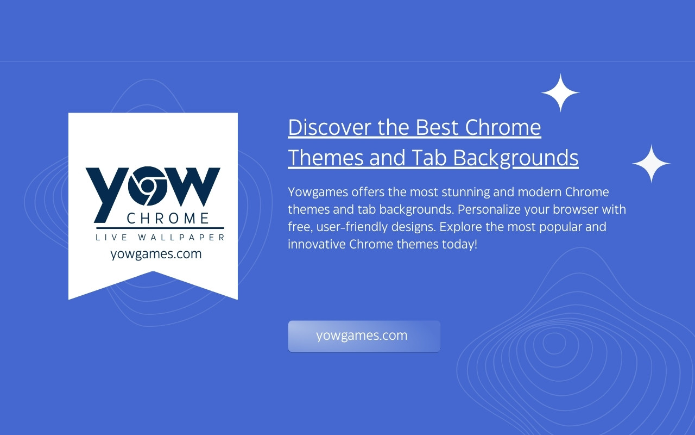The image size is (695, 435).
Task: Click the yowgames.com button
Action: pyautogui.click(x=364, y=336)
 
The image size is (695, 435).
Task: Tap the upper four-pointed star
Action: pyautogui.click(x=560, y=92)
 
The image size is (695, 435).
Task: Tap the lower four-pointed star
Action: pyautogui.click(x=651, y=164)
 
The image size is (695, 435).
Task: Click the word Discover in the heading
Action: pyautogui.click(x=330, y=127)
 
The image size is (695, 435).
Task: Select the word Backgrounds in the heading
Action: pyautogui.click(x=516, y=158)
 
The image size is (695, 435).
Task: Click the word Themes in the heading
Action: pyautogui.click(x=326, y=158)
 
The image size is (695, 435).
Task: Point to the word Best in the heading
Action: pyautogui.click(x=437, y=127)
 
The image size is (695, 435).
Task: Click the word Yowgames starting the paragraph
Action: pyautogui.click(x=318, y=192)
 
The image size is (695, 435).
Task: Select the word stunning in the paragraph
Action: pyautogui.click(x=466, y=192)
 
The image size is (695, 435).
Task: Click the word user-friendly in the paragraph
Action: pyautogui.click(x=352, y=227)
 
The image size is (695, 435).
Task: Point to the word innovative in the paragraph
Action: pyautogui.click(x=317, y=244)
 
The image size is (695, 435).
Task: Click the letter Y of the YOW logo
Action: pyautogui.click(x=108, y=195)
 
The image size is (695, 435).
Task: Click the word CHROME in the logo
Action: pyautogui.click(x=168, y=219)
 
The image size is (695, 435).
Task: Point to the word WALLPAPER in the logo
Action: pyautogui.click(x=181, y=238)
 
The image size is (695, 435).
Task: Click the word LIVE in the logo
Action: pyautogui.click(x=111, y=238)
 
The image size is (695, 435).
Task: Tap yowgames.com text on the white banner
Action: pyautogui.click(x=156, y=254)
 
